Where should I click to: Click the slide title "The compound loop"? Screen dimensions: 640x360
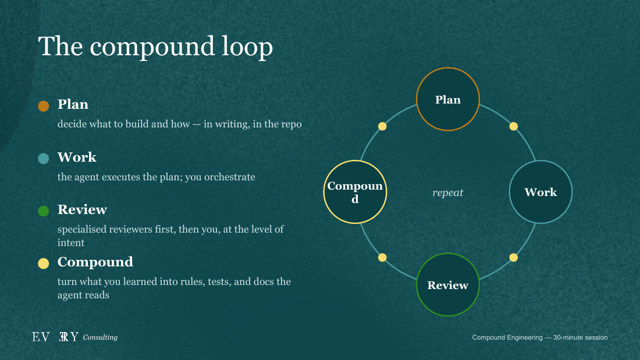155,46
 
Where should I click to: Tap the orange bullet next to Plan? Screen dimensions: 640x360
43,106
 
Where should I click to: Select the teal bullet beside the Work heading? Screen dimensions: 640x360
43,158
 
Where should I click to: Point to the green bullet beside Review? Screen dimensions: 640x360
43,211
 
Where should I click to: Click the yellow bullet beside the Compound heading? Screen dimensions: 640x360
43,263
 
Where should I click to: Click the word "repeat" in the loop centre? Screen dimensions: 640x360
448,193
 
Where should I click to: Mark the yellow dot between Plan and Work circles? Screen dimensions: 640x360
514,127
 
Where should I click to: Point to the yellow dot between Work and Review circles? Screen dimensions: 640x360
514,258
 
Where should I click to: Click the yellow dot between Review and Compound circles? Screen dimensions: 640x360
382,258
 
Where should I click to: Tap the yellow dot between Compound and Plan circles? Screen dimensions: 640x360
382,127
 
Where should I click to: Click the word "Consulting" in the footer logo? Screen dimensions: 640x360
101,337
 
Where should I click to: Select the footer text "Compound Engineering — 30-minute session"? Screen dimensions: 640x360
539,337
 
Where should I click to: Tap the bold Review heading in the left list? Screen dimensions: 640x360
82,209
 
